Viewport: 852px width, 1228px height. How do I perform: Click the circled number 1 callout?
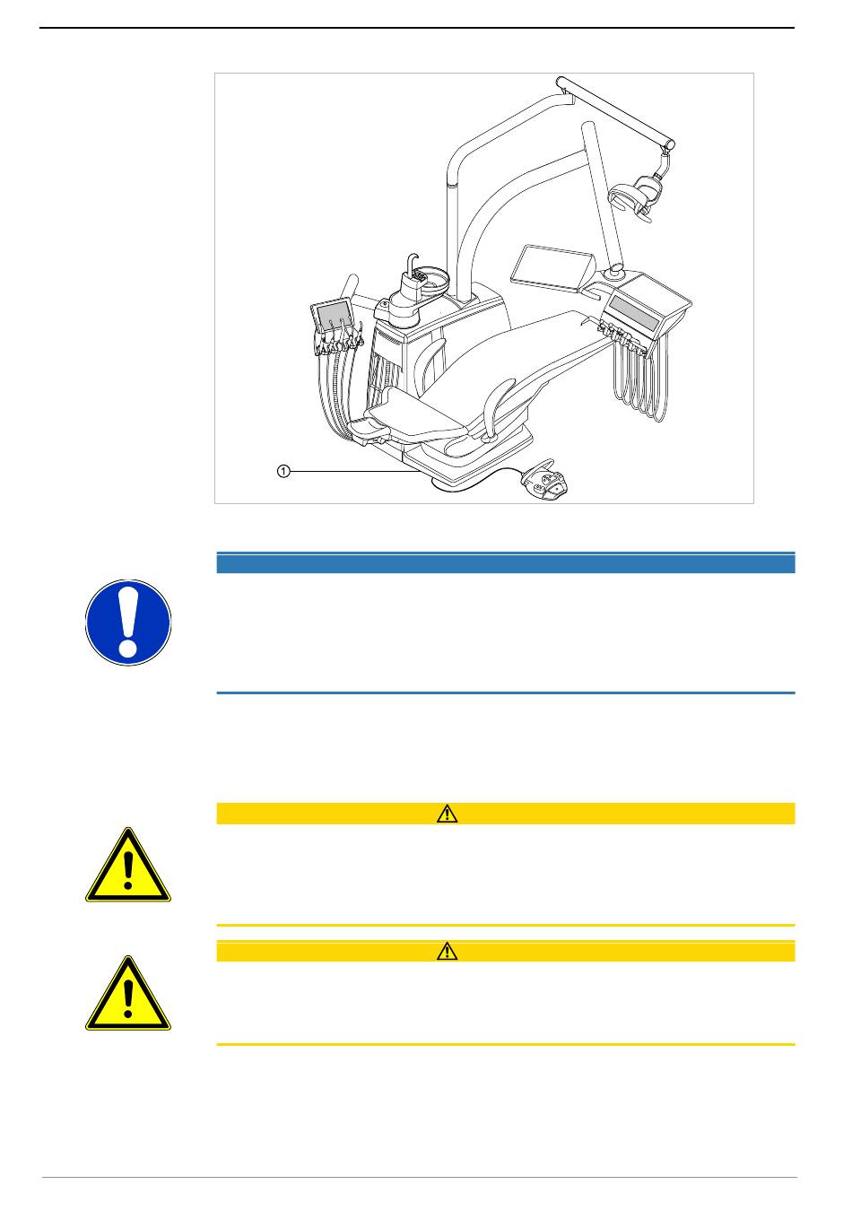tap(283, 471)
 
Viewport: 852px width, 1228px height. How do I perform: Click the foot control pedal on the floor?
tap(545, 480)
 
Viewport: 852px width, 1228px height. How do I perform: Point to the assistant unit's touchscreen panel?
tap(332, 315)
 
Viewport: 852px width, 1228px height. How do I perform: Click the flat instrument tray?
tap(552, 266)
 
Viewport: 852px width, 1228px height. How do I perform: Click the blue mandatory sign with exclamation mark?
tap(128, 623)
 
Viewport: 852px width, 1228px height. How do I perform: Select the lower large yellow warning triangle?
tap(127, 995)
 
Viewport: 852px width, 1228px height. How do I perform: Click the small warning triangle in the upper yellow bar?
tap(447, 814)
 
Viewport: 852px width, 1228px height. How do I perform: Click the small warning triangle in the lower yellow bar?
tap(447, 951)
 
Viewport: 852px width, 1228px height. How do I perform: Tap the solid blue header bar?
tap(506, 563)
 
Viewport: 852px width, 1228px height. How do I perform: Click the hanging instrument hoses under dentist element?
tap(639, 381)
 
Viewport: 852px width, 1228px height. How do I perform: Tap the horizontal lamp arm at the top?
tap(615, 112)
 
